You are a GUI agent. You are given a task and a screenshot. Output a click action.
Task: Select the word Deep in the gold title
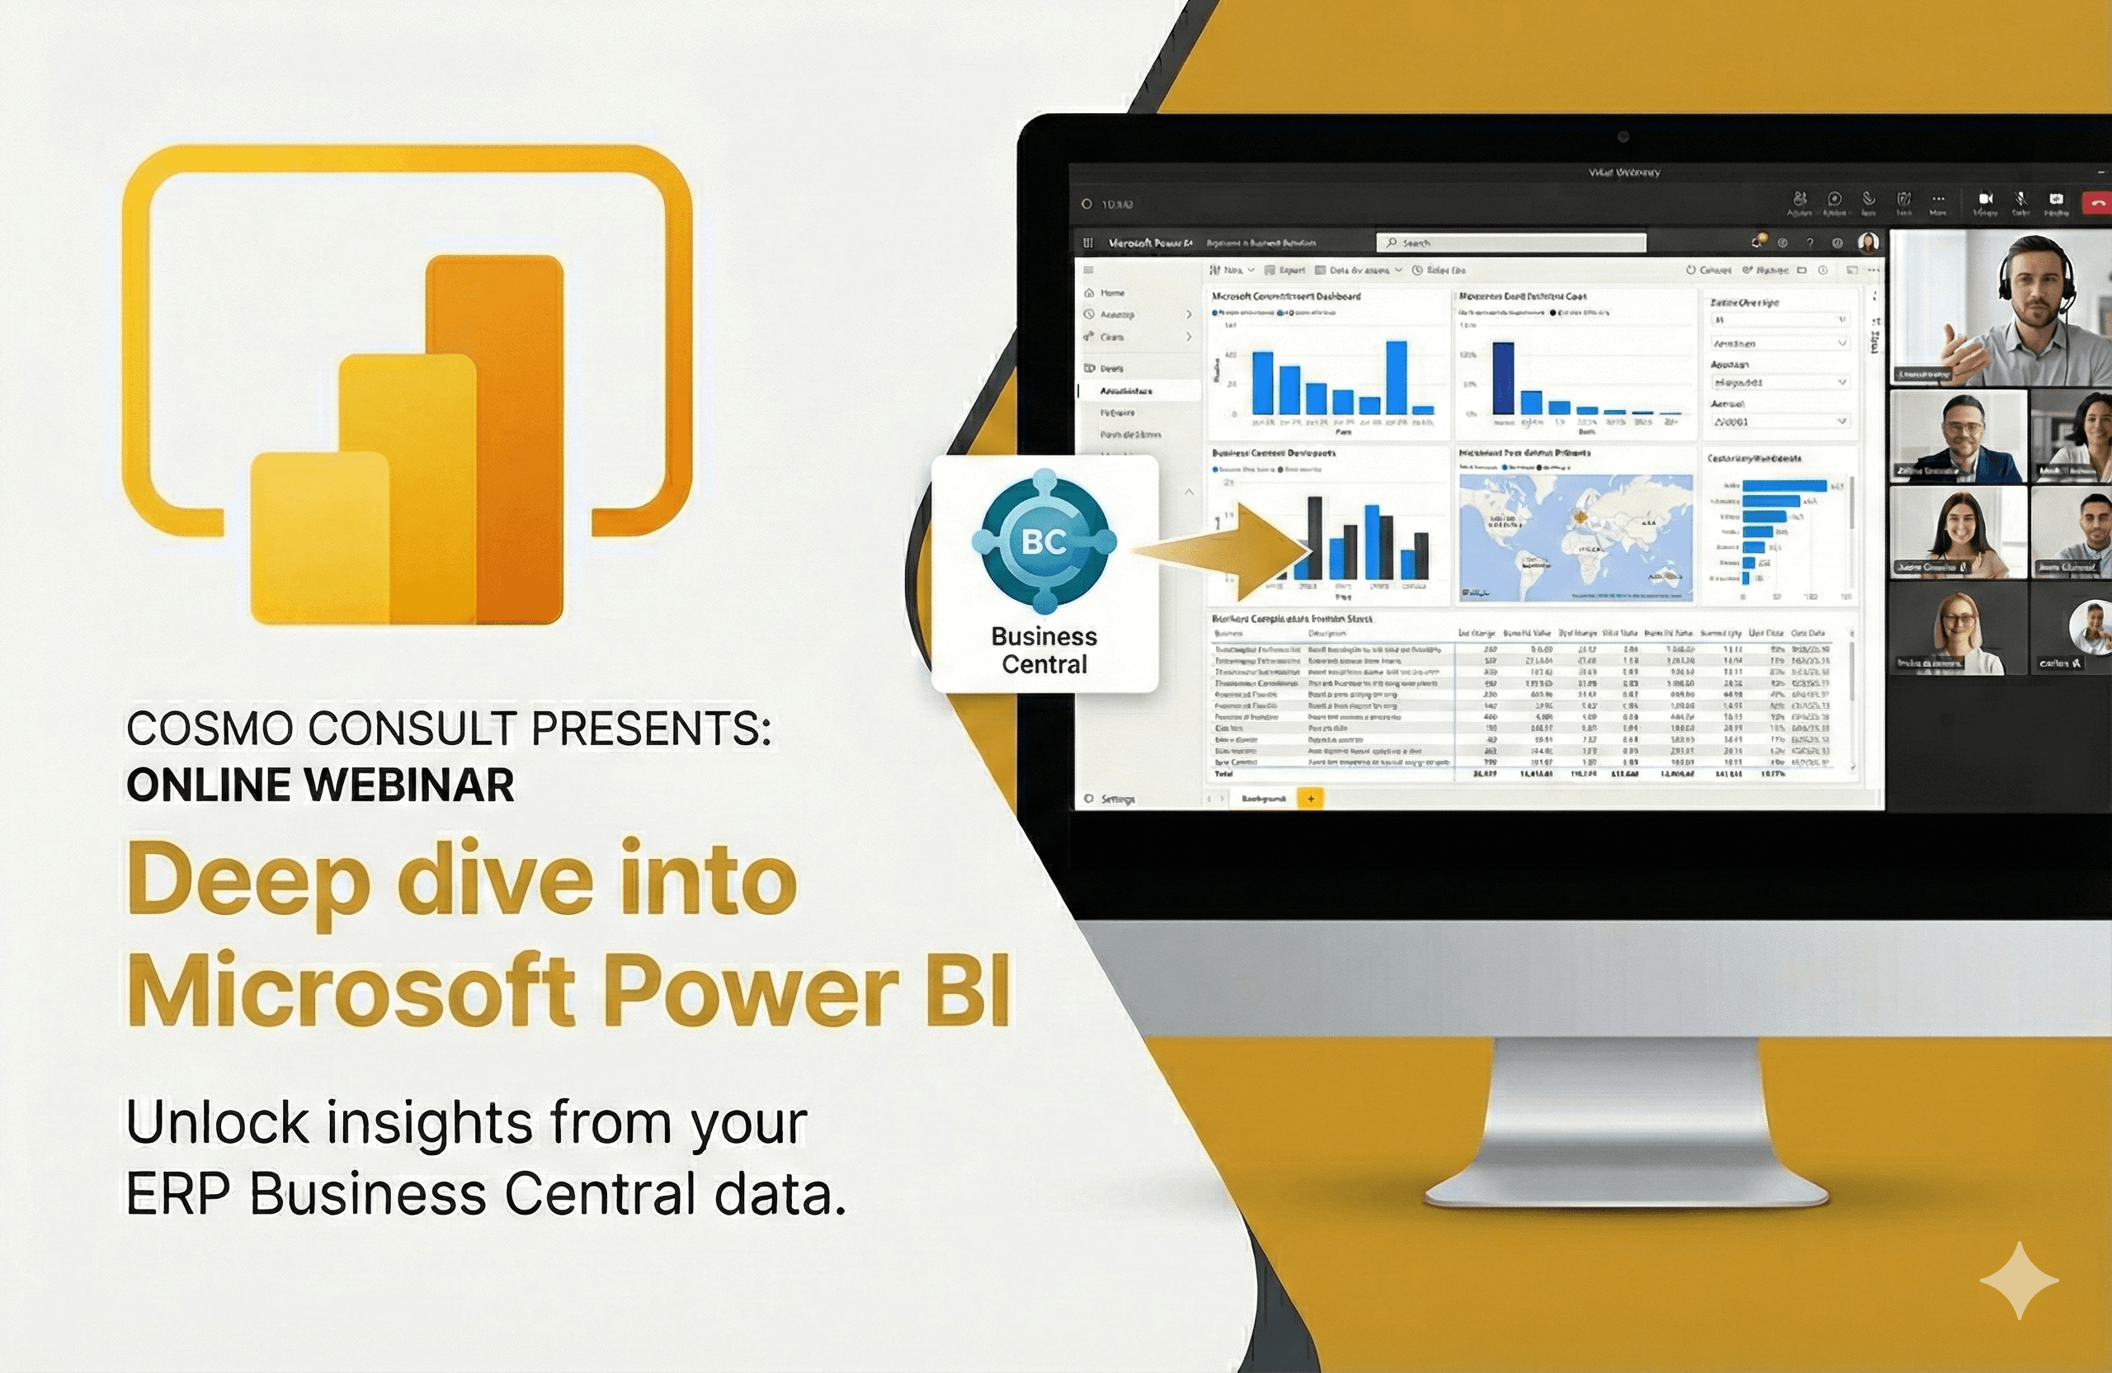click(247, 880)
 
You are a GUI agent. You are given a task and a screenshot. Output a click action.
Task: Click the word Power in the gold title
click(752, 989)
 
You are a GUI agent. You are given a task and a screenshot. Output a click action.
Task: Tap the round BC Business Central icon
click(1044, 540)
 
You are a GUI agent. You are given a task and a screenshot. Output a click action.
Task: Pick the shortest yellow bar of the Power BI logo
click(319, 537)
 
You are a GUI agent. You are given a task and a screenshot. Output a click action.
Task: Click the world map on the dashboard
click(1576, 537)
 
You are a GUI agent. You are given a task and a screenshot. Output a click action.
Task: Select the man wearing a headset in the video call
click(2023, 306)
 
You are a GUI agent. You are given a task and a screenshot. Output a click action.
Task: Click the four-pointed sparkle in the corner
click(2019, 1280)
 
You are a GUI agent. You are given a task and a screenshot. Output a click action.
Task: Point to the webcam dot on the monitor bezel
click(1623, 137)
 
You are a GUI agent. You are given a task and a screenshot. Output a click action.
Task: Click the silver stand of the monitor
click(1629, 1127)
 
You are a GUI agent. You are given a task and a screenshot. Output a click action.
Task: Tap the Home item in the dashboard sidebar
click(1112, 293)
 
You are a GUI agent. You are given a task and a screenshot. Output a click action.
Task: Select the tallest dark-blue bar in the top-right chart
click(1503, 377)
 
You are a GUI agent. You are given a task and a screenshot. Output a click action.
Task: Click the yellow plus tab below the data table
click(1311, 799)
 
